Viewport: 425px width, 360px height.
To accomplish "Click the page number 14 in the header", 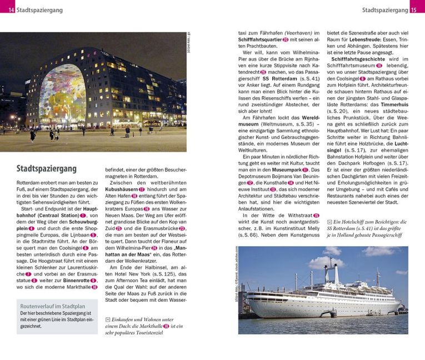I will [11, 10].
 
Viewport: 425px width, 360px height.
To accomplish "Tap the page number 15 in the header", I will [413, 10].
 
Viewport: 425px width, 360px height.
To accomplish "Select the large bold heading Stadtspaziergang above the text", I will [47, 168].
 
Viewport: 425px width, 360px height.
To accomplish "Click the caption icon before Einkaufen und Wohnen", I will [107, 319].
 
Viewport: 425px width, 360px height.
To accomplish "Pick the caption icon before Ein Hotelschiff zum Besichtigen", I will [329, 221].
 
